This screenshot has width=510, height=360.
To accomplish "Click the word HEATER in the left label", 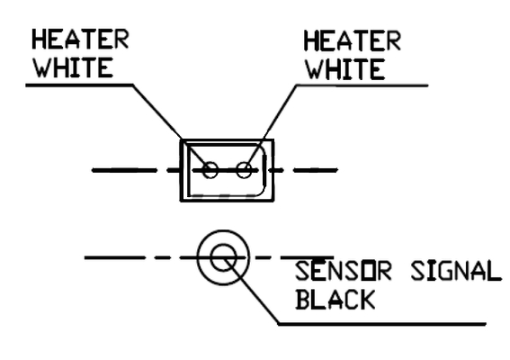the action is [80, 39].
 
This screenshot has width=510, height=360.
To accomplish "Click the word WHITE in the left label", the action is [74, 67].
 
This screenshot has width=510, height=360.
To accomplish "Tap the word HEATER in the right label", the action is [353, 41].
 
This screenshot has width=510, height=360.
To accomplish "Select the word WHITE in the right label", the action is [345, 69].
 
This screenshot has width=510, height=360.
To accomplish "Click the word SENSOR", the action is [343, 271].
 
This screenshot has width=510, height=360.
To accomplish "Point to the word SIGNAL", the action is [456, 271].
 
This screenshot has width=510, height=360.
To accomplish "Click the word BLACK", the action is [336, 300].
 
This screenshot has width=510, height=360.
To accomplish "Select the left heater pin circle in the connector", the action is [210, 170].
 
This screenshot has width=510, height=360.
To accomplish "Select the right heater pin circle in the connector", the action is [244, 170].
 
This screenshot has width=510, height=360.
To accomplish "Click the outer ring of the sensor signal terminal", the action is [223, 231].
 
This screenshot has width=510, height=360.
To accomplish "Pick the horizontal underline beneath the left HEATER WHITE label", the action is [79, 85].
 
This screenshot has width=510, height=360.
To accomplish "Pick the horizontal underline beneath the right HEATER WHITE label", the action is [362, 85].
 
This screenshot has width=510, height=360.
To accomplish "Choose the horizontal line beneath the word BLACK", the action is [382, 324].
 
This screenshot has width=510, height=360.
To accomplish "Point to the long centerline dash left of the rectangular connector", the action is [124, 170].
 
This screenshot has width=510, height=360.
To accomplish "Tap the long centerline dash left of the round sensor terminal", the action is [114, 257].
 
